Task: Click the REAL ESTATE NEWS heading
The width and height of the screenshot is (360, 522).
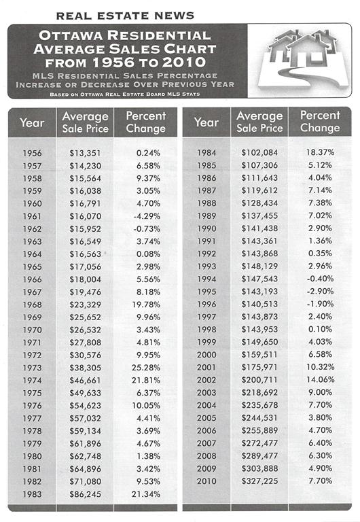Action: point(125,16)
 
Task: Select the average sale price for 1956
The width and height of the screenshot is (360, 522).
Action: point(85,153)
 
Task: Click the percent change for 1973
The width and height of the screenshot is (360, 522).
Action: point(146,368)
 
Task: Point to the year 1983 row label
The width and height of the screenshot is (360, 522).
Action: point(33,494)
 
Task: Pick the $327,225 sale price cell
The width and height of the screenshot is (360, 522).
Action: point(259,481)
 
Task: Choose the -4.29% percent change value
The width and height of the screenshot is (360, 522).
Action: point(147,216)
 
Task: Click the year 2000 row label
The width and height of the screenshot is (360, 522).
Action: point(206,355)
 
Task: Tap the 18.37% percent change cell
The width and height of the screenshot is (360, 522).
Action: point(320,152)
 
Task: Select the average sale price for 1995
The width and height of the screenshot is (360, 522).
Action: point(259,292)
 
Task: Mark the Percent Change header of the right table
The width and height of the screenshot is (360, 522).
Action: point(320,122)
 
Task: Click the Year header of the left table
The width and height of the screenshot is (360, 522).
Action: point(32,122)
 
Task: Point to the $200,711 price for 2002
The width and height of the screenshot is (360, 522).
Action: point(259,380)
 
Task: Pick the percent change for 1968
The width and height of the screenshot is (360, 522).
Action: point(146,304)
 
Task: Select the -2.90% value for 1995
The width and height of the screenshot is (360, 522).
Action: point(320,292)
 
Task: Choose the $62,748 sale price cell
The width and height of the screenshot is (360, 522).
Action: point(85,456)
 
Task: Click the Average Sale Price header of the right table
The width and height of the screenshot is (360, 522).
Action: point(259,122)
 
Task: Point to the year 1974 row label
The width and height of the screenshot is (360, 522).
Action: point(33,380)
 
